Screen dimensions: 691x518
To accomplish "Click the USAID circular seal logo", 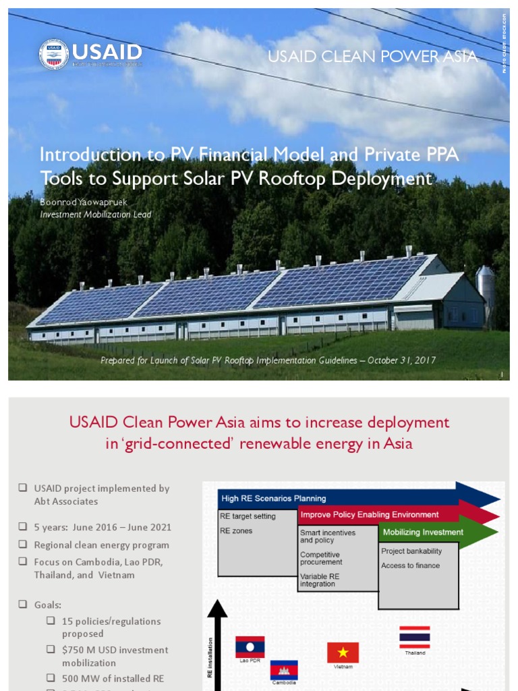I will click(54, 54).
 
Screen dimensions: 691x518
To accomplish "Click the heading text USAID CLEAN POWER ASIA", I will click(372, 57).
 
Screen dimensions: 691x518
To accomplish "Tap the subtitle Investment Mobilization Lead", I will click(96, 215).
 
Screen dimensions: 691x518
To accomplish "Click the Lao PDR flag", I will click(250, 646).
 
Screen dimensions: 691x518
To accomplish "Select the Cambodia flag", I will click(284, 669).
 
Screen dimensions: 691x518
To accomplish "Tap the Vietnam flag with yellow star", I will click(343, 653).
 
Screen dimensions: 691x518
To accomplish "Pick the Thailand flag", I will click(414, 637).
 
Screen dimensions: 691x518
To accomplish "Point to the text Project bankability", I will click(411, 551).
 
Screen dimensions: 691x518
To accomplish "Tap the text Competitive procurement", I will click(321, 558).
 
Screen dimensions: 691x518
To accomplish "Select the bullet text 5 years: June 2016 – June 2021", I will click(103, 527).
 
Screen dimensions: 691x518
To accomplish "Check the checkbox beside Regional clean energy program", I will click(23, 545).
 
